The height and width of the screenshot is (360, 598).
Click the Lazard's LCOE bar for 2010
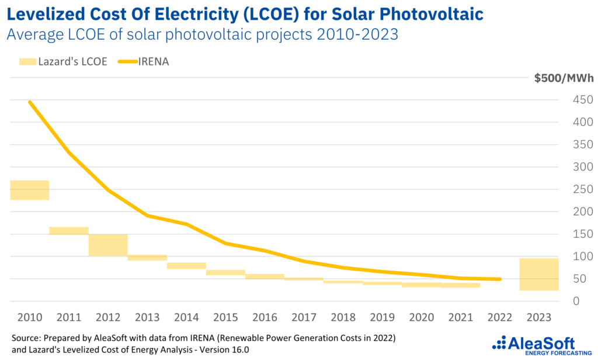30,191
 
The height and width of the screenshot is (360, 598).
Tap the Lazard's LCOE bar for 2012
108,245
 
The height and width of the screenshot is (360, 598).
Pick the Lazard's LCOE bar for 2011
69,231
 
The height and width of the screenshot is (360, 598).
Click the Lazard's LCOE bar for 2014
186,266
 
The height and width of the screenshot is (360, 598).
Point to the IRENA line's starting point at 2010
29,102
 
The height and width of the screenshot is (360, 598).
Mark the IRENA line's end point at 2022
500,279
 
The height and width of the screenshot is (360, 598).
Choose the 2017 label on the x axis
304,318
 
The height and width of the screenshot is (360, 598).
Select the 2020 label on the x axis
421,318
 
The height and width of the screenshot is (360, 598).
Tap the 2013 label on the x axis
147,318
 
